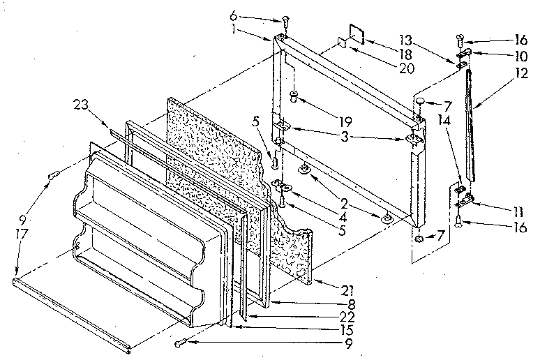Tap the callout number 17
click(x=22, y=236)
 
